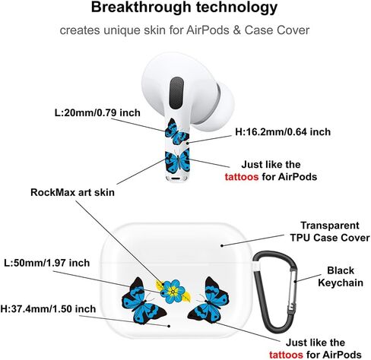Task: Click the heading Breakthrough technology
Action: click(x=184, y=8)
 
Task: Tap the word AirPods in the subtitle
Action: click(x=208, y=30)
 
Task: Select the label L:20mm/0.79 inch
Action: click(x=97, y=112)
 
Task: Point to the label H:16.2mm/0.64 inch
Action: click(x=283, y=132)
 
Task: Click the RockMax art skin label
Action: click(x=72, y=192)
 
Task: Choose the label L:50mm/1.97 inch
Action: click(x=47, y=263)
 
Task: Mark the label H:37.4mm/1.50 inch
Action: click(x=48, y=309)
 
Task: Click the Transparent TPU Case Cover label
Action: click(x=330, y=232)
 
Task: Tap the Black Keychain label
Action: click(x=341, y=276)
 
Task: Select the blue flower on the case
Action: click(x=174, y=292)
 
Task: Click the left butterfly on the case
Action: click(x=142, y=302)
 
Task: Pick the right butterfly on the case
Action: click(x=209, y=301)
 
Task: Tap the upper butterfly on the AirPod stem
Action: click(x=176, y=131)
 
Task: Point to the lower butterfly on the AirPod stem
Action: click(x=177, y=162)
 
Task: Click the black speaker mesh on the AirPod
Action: click(x=176, y=93)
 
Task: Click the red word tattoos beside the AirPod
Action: click(x=242, y=176)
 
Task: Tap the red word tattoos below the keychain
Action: click(x=286, y=355)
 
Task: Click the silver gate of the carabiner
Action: click(x=294, y=289)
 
